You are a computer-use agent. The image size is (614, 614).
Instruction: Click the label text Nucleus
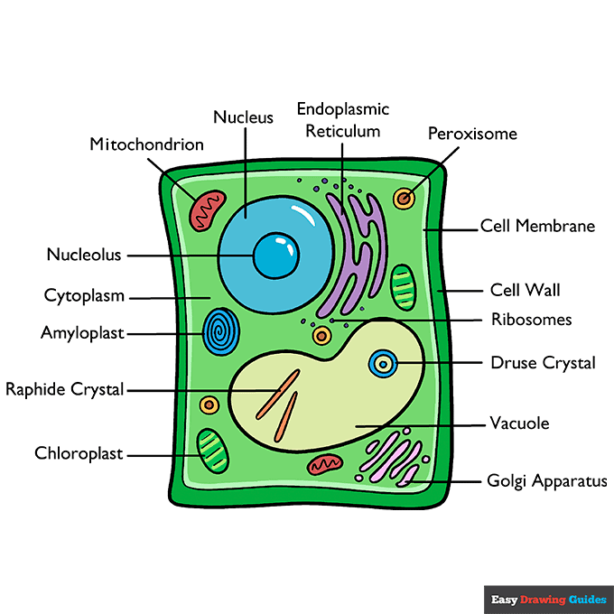coord(243,117)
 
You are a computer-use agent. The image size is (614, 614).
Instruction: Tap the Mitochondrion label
coord(146,144)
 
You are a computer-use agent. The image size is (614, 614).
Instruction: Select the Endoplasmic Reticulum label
coord(343,119)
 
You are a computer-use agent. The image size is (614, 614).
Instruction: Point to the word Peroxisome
coord(472,134)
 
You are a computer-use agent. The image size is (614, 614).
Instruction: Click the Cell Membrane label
coord(537,226)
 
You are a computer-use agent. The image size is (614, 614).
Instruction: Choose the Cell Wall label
coord(525,290)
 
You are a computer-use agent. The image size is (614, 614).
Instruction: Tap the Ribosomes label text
coord(531,319)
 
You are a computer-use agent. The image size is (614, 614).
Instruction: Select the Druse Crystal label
coord(543,363)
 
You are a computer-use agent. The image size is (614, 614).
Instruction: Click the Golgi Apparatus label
coord(547,481)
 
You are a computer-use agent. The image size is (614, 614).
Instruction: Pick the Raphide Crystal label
coord(65,390)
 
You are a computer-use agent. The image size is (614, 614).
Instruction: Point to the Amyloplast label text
coord(82,332)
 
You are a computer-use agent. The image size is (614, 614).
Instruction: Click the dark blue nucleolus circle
coord(275,256)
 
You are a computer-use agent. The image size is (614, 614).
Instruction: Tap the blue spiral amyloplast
coord(219,332)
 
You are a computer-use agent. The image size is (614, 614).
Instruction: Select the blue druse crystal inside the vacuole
coord(384,364)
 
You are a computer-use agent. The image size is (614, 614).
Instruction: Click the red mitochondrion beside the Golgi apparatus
coord(325,465)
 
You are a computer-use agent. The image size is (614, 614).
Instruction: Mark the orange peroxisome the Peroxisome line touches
coord(404,198)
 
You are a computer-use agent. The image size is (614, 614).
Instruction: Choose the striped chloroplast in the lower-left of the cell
coord(212,451)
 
